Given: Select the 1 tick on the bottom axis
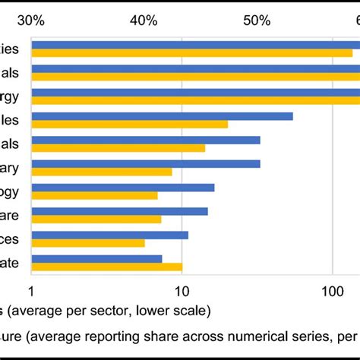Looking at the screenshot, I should click(31, 292).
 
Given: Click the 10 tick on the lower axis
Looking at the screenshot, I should click(182, 292).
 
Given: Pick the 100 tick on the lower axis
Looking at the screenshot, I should click(333, 292).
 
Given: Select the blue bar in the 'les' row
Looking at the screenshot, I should click(162, 116).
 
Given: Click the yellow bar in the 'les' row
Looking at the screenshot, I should click(129, 124).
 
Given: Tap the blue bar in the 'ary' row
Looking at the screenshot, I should click(145, 163).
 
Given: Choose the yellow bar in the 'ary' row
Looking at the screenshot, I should click(101, 172).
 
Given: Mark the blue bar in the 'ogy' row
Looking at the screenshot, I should click(122, 188).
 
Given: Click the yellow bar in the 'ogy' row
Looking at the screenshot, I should click(94, 195).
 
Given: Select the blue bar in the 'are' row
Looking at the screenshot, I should click(119, 211).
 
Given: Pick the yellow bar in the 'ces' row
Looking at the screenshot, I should click(87, 243).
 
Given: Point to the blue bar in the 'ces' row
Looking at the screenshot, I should click(109, 235).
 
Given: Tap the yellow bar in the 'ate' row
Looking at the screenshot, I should click(106, 267).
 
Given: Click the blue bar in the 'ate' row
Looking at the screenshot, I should click(96, 258).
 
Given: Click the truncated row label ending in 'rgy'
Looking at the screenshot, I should click(14, 96).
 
